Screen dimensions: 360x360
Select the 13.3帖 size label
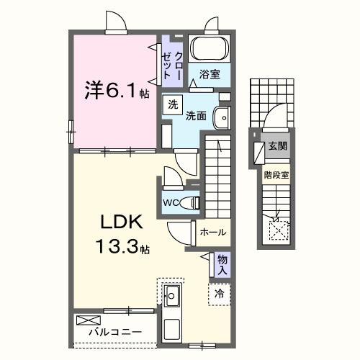click(122, 249)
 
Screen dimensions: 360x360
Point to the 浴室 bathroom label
click(210, 74)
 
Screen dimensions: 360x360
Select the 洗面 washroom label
click(197, 115)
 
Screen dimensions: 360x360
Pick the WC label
click(171, 202)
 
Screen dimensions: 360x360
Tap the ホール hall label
click(213, 233)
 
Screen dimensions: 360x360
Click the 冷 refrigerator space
click(219, 294)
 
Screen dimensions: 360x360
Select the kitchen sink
click(173, 294)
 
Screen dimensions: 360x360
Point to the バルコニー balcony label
click(114, 333)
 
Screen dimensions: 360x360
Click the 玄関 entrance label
click(277, 146)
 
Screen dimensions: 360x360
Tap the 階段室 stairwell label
click(276, 174)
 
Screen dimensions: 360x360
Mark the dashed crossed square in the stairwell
click(277, 230)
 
